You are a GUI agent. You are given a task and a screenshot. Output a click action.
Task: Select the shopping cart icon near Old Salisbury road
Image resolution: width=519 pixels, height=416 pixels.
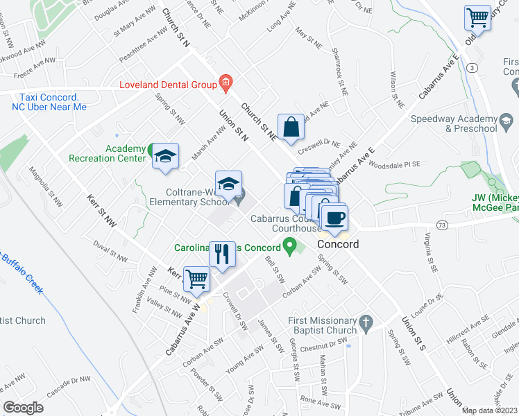click(x=477, y=18)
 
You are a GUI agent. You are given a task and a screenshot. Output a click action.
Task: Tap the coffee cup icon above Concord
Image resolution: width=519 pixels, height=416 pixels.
click(x=335, y=216)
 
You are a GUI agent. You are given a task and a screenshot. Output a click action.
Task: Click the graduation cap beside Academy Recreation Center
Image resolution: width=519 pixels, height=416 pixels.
click(x=165, y=155)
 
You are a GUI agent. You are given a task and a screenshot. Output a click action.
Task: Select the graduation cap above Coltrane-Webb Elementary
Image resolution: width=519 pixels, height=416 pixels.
click(x=228, y=184)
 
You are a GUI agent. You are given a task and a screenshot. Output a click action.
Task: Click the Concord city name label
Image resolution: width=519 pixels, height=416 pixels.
click(x=338, y=245)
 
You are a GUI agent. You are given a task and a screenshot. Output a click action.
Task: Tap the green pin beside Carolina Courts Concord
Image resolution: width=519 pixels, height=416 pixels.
click(x=291, y=245)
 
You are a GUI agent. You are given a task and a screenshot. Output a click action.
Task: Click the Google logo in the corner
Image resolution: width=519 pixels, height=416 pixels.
click(x=24, y=407)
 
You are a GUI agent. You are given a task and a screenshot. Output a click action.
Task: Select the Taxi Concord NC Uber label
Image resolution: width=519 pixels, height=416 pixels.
click(x=49, y=102)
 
